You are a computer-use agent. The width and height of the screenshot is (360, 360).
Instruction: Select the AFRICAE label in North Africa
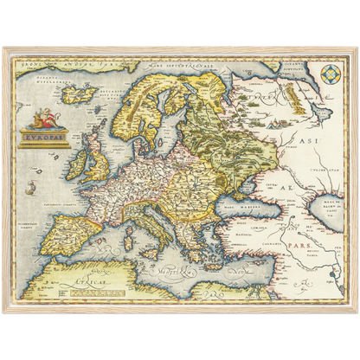(106, 282)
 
